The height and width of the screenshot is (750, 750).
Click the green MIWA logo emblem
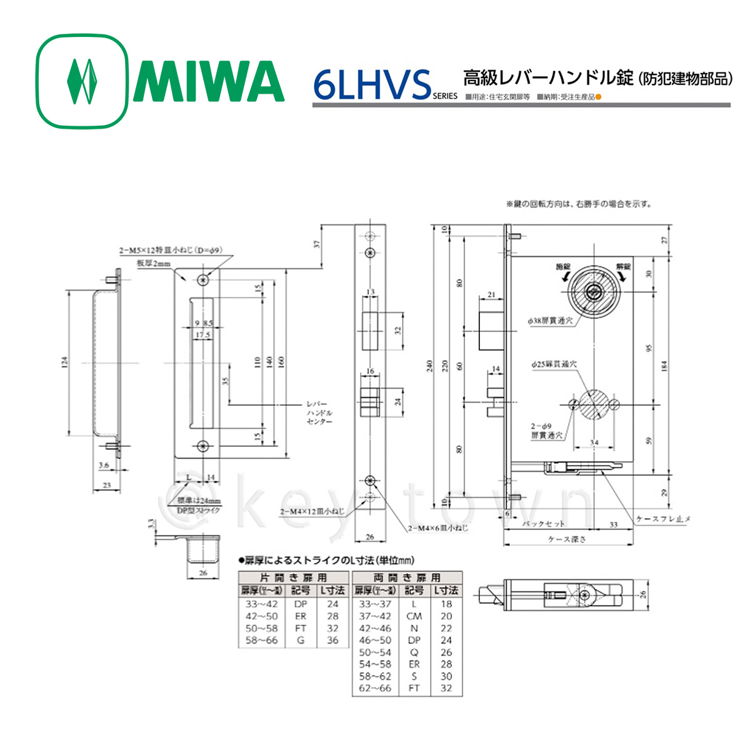click(82, 82)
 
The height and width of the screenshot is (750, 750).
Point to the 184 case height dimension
click(664, 364)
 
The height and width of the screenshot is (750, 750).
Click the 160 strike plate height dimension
click(281, 361)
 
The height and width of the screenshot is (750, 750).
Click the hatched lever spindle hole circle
click(594, 404)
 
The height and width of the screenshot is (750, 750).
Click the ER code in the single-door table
click(301, 616)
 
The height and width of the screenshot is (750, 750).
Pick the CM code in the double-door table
click(414, 616)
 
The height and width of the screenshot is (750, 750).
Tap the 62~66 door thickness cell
click(375, 688)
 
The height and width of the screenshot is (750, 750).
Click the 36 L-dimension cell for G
click(332, 640)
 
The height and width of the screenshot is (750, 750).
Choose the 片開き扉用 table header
click(293, 578)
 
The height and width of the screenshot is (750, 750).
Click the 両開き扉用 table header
click(407, 578)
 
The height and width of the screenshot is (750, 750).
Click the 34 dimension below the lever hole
click(594, 443)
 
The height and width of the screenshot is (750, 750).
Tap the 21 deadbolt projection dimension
click(492, 295)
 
